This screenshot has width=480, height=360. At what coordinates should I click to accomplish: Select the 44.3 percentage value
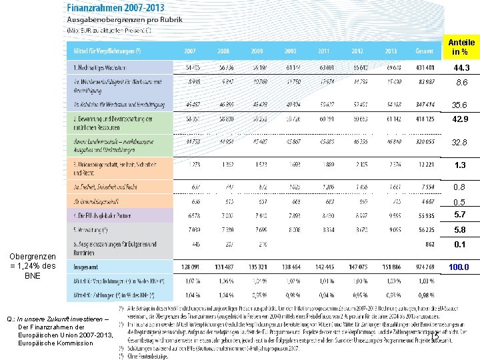[x=461, y=69]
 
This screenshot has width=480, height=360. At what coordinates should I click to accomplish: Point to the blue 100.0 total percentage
[x=459, y=267]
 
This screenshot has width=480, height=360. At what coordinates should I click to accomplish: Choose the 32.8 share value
[x=459, y=143]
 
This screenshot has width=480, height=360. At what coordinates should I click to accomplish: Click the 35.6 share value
[x=459, y=105]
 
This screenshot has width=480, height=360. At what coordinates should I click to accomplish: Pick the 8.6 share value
[x=461, y=83]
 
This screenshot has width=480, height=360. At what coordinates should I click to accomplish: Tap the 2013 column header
[x=391, y=51]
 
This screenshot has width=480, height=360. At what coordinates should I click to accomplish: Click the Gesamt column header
[x=424, y=51]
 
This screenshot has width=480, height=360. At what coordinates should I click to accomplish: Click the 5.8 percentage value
[x=460, y=230]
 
